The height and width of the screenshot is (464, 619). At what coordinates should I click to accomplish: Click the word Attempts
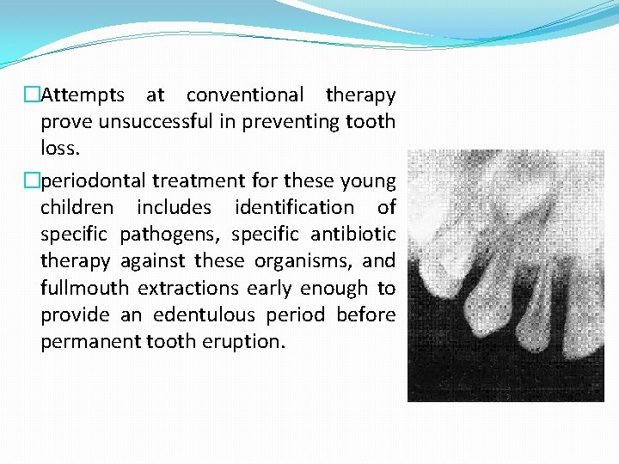pyautogui.click(x=83, y=95)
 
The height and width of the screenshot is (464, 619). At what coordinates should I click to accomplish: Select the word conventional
pyautogui.click(x=245, y=95)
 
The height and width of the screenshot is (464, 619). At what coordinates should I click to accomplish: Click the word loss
pyautogui.click(x=59, y=148)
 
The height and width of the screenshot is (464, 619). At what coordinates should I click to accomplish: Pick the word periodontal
pyautogui.click(x=93, y=180)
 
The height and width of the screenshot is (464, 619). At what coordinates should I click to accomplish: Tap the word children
pyautogui.click(x=77, y=207)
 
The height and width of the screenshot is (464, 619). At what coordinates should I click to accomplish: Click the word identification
pyautogui.click(x=293, y=207)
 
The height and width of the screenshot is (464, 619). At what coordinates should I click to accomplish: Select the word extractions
pyautogui.click(x=194, y=287)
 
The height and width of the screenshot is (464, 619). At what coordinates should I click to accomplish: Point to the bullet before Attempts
pyautogui.click(x=33, y=95)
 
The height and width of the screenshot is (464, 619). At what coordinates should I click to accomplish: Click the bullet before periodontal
pyautogui.click(x=33, y=180)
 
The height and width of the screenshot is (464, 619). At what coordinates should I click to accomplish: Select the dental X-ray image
pyautogui.click(x=506, y=276)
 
